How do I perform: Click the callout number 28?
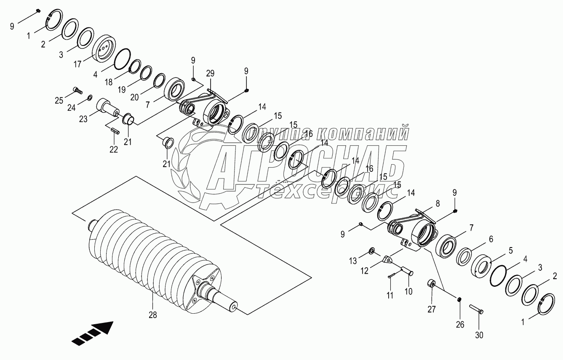[x=152, y=315]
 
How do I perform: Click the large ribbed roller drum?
[x=152, y=257]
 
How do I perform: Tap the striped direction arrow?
[x=93, y=333]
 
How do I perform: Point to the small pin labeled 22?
[x=115, y=131]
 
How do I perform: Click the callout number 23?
[x=83, y=119]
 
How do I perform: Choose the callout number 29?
[x=210, y=73]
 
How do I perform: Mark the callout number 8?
[x=438, y=203]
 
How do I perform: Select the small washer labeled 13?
[x=372, y=251]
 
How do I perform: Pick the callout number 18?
[x=109, y=82]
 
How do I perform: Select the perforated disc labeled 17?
[x=103, y=50]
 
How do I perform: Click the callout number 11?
[x=390, y=295]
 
